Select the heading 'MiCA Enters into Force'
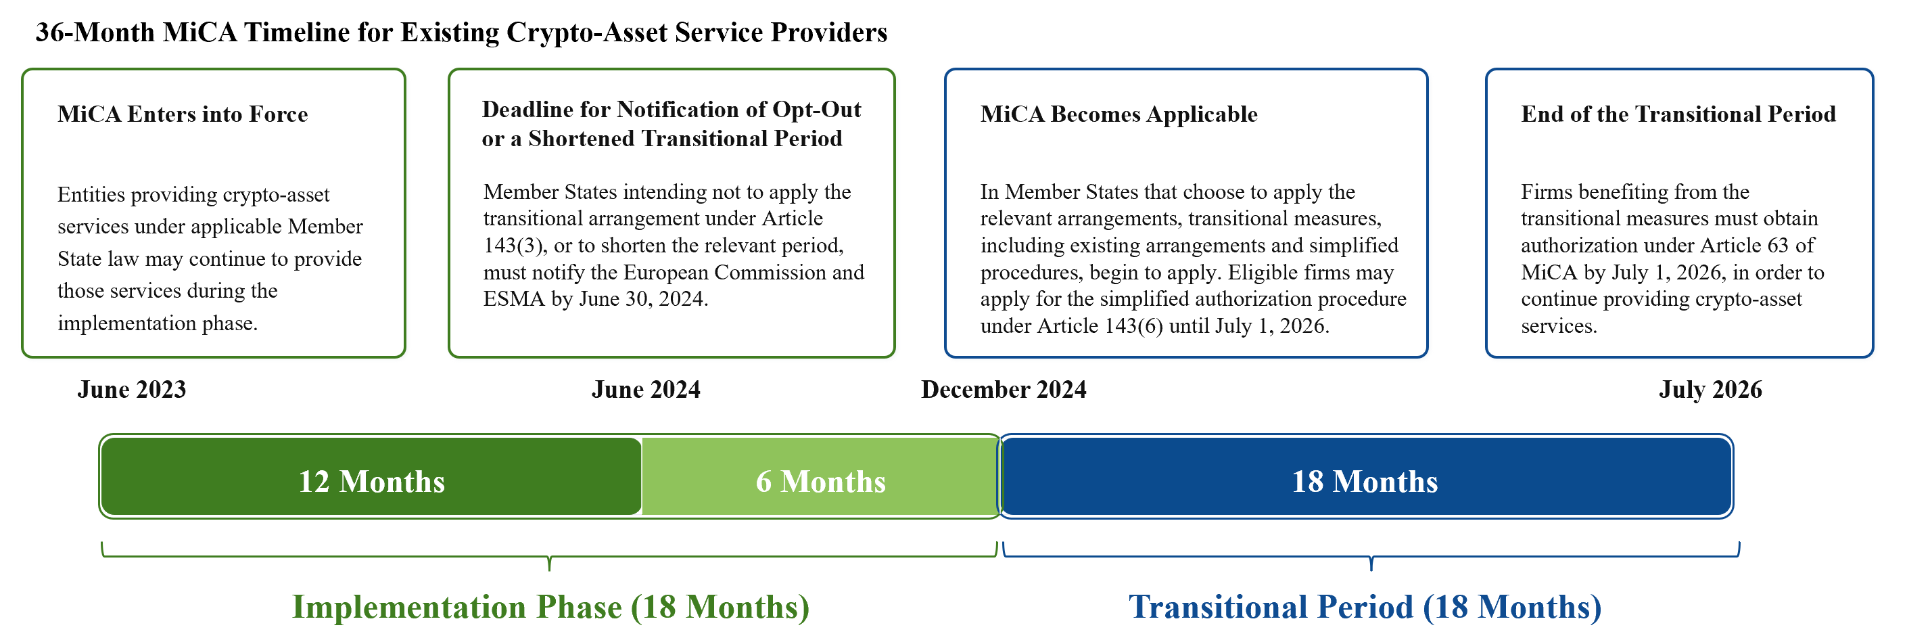tap(182, 114)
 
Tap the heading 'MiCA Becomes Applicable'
tap(1119, 114)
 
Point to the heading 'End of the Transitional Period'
tap(1678, 114)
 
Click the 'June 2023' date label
tap(132, 390)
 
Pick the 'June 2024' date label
tap(646, 390)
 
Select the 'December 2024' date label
tap(1004, 390)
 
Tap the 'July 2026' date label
tap(1710, 390)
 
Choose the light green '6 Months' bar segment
tap(820, 476)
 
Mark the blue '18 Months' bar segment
tap(1366, 476)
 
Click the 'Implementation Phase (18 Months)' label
tap(550, 606)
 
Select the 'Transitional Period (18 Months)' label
tap(1365, 606)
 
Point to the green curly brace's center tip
tap(549, 570)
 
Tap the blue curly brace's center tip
tap(1371, 570)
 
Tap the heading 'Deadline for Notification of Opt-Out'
tap(672, 110)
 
